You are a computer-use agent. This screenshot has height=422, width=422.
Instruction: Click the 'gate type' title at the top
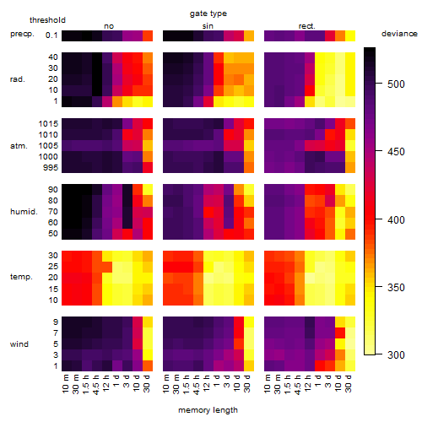point(208,14)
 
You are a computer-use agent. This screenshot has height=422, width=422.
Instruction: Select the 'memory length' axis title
point(208,410)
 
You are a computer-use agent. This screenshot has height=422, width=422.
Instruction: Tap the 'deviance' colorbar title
point(399,34)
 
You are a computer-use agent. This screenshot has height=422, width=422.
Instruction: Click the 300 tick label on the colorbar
point(396,354)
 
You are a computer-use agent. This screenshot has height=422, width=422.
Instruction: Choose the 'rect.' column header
point(306,26)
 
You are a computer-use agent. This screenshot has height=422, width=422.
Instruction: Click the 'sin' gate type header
point(208,26)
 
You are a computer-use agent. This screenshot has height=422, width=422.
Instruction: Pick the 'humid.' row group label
point(24,212)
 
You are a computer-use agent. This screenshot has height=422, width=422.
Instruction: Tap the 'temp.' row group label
point(21,277)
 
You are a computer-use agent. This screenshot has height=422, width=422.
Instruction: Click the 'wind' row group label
point(19,344)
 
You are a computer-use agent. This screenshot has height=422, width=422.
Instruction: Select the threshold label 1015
point(48,124)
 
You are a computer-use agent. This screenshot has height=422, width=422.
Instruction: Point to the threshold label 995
point(51,168)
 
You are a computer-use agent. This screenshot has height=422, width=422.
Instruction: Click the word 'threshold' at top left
point(47,20)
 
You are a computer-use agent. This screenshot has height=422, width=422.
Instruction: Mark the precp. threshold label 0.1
point(51,35)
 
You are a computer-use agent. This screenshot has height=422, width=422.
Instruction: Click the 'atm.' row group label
point(19,146)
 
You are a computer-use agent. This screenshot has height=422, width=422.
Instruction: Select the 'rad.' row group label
point(18,79)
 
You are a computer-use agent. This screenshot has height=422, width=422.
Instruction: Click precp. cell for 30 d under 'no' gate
point(148,35)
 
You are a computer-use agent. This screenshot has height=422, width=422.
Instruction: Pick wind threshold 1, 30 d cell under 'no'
point(148,365)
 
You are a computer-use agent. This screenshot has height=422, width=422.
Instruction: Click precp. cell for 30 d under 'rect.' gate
point(350,35)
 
